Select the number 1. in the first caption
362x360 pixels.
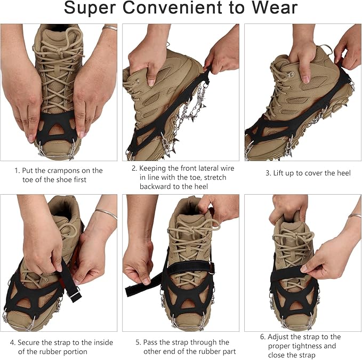[17, 171]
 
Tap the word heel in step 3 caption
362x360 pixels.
[341, 173]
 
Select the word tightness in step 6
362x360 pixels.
[307, 346]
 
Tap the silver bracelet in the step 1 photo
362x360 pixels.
[110, 28]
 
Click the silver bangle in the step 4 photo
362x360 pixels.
[106, 214]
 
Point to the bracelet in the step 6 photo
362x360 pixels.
[354, 215]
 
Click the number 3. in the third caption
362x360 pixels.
[269, 173]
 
